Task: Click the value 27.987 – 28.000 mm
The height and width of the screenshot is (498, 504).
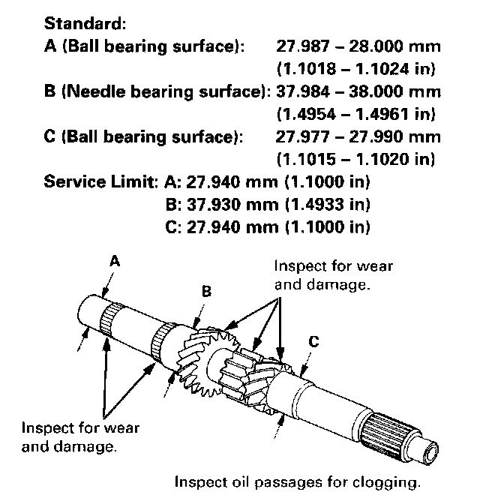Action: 358,46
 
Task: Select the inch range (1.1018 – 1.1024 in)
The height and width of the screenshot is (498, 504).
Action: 356,70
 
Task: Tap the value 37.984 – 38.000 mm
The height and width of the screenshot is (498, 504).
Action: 358,92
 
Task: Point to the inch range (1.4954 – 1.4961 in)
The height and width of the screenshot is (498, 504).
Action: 356,115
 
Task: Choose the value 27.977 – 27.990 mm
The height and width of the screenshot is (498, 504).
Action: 358,137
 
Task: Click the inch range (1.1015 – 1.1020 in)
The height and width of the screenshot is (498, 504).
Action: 356,160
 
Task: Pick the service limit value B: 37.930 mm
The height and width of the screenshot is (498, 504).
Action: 267,205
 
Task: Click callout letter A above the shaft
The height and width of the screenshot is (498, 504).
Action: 115,261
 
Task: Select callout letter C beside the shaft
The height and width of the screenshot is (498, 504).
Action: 314,341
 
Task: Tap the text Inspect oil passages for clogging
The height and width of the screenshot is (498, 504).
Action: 292,481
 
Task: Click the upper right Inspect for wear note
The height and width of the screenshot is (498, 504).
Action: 333,274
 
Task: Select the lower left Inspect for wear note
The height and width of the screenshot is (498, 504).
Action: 80,436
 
